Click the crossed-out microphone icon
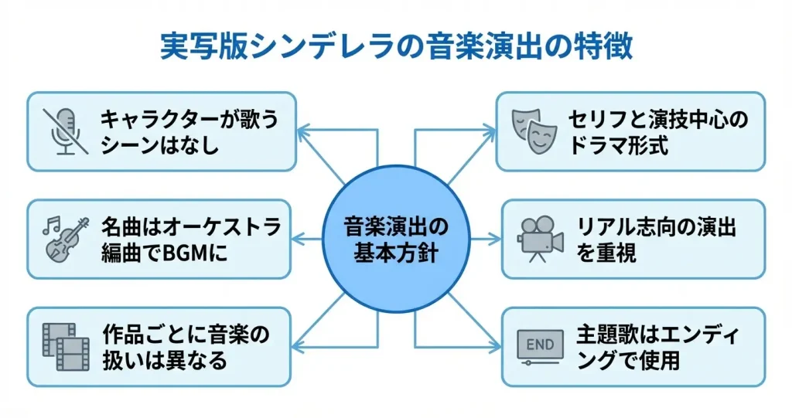(66, 131)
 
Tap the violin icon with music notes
(65, 240)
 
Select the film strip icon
(67, 347)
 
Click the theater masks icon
(534, 131)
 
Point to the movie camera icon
(540, 240)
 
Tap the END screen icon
(540, 348)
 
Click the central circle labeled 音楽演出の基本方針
(396, 240)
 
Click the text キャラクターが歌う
(189, 120)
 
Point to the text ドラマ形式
(619, 145)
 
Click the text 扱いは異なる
(165, 361)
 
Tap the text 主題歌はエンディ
(657, 335)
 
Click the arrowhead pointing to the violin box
(298, 240)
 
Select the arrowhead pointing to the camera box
(494, 240)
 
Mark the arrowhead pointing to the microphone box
(303, 133)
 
